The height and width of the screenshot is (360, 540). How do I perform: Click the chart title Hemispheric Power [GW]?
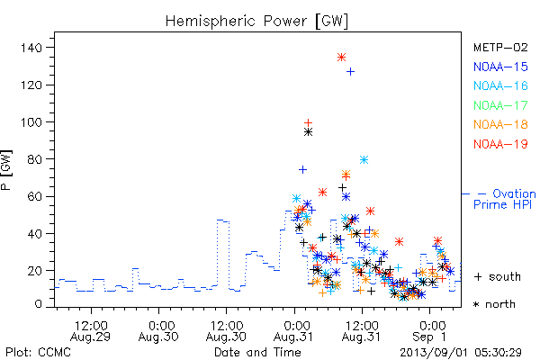tap(256, 21)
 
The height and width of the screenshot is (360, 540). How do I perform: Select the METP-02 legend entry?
tap(500, 48)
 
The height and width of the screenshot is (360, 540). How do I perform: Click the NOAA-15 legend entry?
tap(500, 67)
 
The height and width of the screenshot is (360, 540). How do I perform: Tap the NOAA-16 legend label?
tap(500, 85)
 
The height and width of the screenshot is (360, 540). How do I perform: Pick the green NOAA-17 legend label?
tap(500, 105)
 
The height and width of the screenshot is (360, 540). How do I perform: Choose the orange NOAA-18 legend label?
tap(500, 124)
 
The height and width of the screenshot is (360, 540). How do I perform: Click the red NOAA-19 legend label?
tap(500, 144)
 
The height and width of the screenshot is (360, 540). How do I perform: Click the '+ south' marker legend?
tap(498, 276)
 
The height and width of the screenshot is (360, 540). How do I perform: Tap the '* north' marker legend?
tap(494, 304)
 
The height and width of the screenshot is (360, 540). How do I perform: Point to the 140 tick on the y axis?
tap(31, 48)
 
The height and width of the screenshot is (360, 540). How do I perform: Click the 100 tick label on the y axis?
tap(31, 122)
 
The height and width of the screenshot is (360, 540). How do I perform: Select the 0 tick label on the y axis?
tap(38, 304)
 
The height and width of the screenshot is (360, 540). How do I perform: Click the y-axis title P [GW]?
tap(6, 170)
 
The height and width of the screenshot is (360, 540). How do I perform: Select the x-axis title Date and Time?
tap(257, 353)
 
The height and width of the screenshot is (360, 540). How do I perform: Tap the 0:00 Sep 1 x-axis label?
tap(430, 331)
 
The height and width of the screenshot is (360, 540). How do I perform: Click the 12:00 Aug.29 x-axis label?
tap(91, 331)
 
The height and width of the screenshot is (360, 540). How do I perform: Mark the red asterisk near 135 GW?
tap(341, 58)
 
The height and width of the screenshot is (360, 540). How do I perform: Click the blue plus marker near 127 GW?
tap(350, 72)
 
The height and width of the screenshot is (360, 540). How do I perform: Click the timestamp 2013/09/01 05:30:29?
tap(461, 353)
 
